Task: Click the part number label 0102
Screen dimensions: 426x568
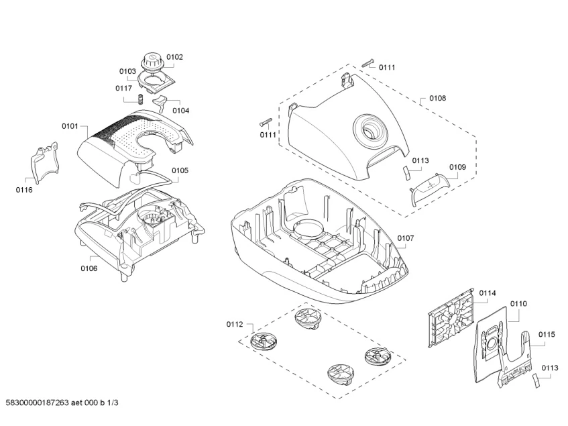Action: [x=174, y=58]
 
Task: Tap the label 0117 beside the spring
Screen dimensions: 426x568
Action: [x=123, y=88]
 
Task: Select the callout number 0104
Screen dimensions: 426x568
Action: [x=180, y=111]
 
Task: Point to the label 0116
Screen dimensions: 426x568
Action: [x=24, y=190]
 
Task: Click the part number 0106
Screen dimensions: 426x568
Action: [x=89, y=268]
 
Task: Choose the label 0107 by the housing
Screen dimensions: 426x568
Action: [x=406, y=238]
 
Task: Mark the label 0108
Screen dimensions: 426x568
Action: [x=437, y=98]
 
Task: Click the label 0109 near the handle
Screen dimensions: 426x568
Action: [x=457, y=166]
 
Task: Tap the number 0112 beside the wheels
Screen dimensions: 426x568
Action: [x=235, y=325]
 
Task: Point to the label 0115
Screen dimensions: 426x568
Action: [x=547, y=334]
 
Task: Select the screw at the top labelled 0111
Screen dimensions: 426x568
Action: [x=367, y=63]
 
